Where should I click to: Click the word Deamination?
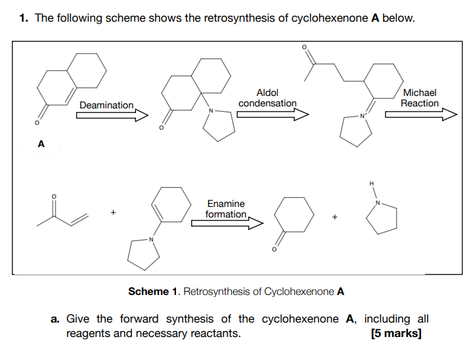[x=106, y=105]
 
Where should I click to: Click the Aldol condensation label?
[x=267, y=99]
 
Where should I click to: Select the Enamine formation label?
[x=225, y=209]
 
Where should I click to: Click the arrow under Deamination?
[x=112, y=116]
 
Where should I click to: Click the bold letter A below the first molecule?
[x=41, y=143]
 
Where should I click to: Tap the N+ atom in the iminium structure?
[x=361, y=117]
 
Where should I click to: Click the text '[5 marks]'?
[x=396, y=333]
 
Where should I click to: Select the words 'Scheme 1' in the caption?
[x=150, y=291]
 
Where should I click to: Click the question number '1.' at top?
[x=24, y=18]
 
